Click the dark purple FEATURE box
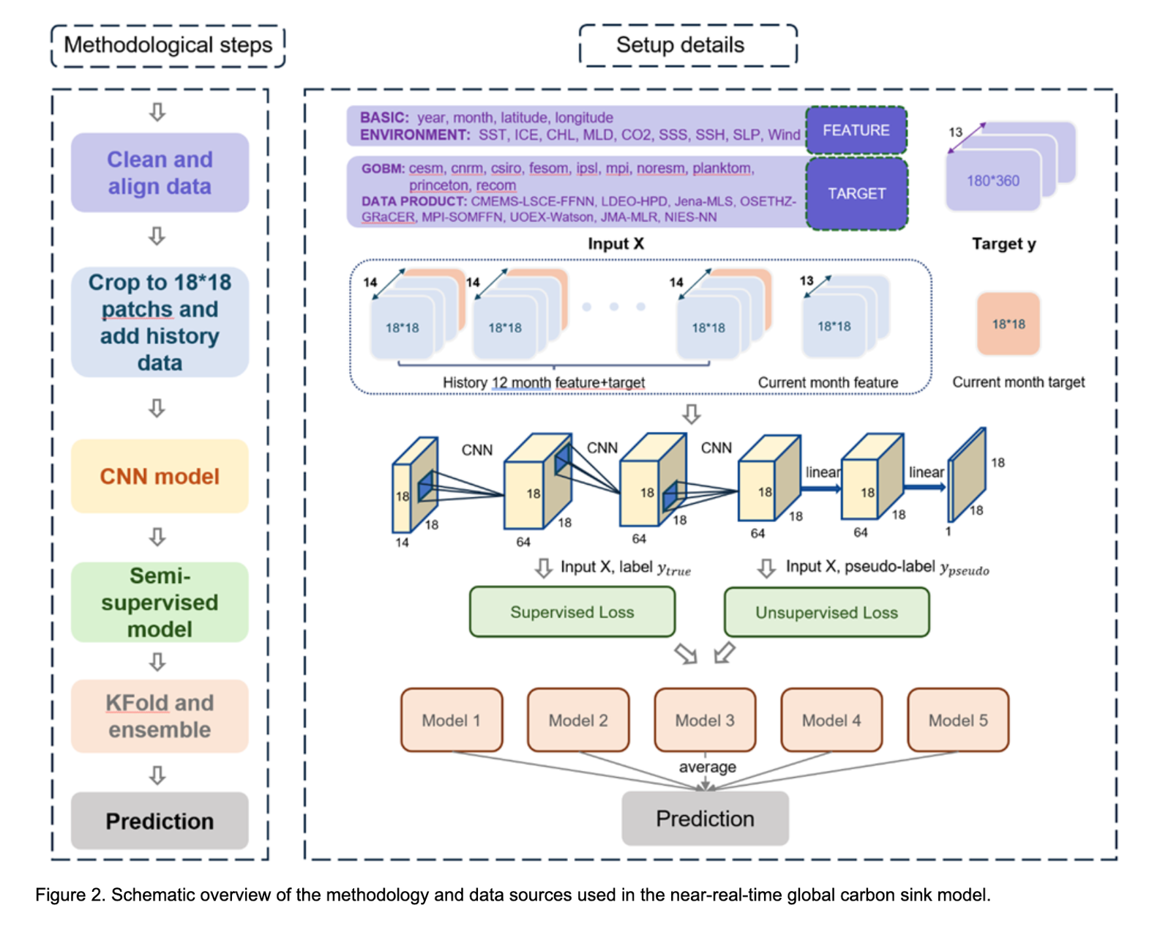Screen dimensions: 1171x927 (856, 130)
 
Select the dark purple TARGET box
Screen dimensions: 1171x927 (856, 193)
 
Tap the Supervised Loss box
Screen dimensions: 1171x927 (572, 612)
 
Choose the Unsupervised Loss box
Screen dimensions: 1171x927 (826, 612)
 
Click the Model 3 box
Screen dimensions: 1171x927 (705, 720)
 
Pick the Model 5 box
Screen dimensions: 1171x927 (958, 720)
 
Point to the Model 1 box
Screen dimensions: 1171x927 (452, 720)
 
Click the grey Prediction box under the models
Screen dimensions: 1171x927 (705, 818)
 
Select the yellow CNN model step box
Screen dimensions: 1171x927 (160, 476)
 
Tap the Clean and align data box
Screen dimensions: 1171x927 (160, 173)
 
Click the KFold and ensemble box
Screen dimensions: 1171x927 (160, 716)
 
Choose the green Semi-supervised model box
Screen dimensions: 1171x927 (160, 602)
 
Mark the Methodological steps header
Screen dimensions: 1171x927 (168, 45)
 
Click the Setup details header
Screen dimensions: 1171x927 (689, 45)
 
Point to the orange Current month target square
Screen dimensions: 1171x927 (1009, 324)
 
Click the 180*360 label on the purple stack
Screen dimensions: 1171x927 (992, 181)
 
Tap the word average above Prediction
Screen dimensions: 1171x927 (707, 767)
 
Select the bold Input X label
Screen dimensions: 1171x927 (616, 243)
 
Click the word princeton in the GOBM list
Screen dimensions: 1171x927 (438, 185)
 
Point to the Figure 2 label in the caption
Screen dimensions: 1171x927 (70, 895)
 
